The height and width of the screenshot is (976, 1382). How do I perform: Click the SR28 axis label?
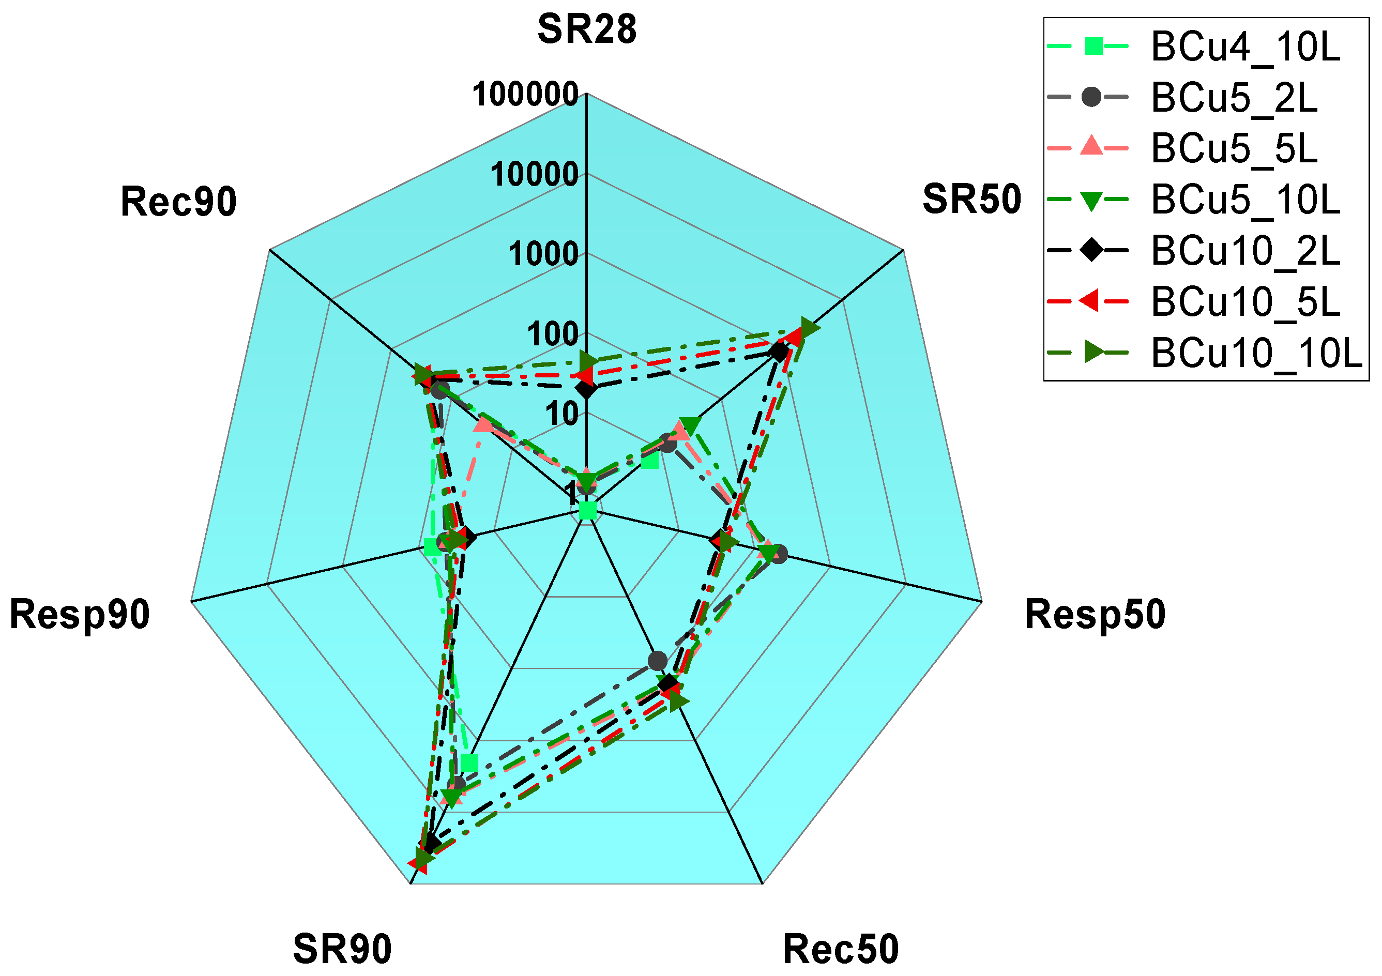point(586,29)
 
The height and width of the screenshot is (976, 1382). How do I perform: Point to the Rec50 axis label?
point(840,949)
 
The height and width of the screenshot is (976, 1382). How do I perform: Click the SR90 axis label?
point(342,949)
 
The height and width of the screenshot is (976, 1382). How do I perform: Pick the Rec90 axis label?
point(178,202)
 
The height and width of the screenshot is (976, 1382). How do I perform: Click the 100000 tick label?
point(525,95)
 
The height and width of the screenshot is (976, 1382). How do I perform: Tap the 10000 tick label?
point(534,175)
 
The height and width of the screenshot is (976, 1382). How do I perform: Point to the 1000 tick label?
point(543,254)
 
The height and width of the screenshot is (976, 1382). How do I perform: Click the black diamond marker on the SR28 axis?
point(586,389)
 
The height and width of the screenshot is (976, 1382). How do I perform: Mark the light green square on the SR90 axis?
point(469,762)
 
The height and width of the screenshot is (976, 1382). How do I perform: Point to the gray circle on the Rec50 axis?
point(657,661)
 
